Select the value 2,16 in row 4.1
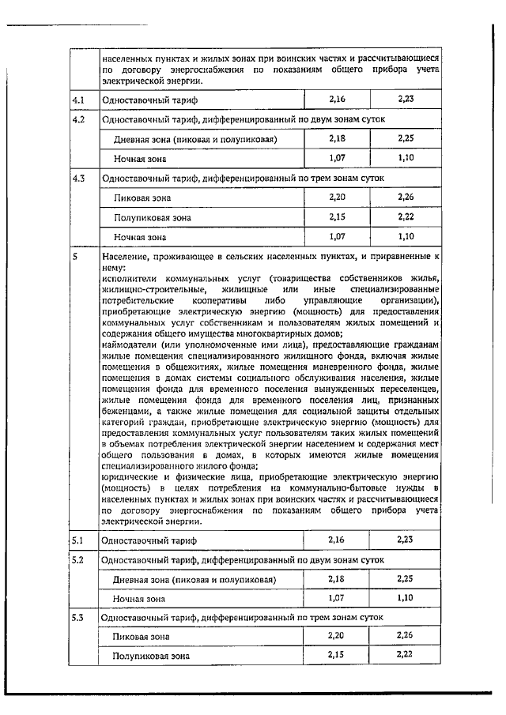pyautogui.click(x=338, y=100)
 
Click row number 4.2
pyautogui.click(x=78, y=120)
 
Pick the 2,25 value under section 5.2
pyautogui.click(x=406, y=578)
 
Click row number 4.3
pyautogui.click(x=78, y=178)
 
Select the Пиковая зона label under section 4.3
pyautogui.click(x=142, y=198)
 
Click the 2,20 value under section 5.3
pyautogui.click(x=338, y=635)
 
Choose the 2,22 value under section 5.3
pyautogui.click(x=406, y=654)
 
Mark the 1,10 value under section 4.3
pyautogui.click(x=406, y=235)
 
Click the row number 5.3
pyautogui.click(x=78, y=616)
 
